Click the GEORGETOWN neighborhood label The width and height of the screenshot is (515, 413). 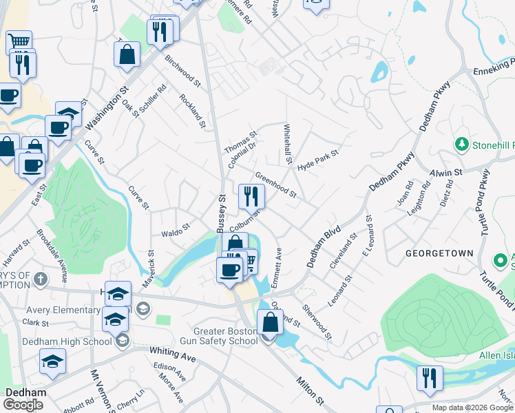(x=439, y=253)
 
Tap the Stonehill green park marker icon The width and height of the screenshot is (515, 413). (x=461, y=145)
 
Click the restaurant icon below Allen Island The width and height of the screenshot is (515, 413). (x=429, y=378)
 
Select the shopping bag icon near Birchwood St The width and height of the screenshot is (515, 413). (x=127, y=54)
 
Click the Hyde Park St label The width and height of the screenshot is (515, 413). (x=318, y=160)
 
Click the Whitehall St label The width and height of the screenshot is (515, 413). (x=286, y=143)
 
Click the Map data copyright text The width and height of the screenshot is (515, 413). (x=472, y=407)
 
